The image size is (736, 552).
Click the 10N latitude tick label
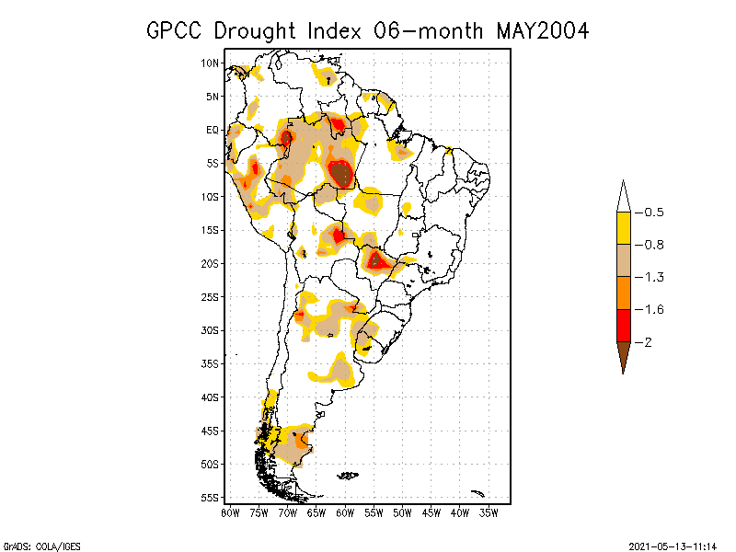(211, 63)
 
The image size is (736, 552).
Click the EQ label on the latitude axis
(213, 131)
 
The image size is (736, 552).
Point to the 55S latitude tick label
(211, 498)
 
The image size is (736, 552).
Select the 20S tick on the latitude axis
(211, 264)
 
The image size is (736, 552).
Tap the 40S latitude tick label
(211, 397)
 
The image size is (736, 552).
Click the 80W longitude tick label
(230, 512)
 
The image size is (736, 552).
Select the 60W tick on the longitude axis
(345, 512)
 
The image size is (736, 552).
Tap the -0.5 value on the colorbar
(650, 213)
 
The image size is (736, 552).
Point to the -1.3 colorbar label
(650, 277)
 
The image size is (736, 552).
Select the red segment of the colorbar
(624, 325)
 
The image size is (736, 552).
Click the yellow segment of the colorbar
(624, 228)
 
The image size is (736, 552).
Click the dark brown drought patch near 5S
(340, 173)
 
